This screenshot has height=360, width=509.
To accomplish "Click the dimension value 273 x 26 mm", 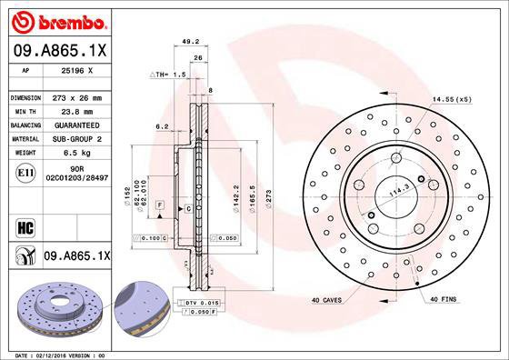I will (75, 97).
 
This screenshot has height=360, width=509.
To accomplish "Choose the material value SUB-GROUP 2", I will (76, 138).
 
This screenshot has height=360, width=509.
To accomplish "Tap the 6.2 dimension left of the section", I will (162, 126).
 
